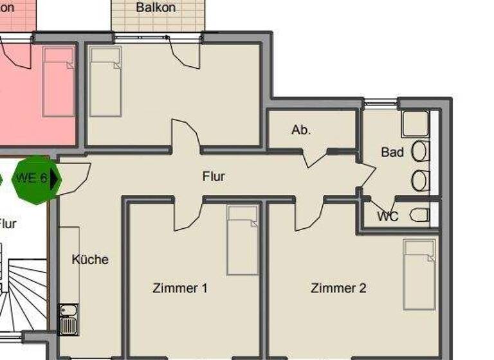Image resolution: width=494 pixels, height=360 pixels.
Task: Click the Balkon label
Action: click(156, 8)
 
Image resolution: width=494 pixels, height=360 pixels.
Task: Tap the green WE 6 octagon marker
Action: click(37, 179)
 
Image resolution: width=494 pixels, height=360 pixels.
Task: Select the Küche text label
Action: click(90, 260)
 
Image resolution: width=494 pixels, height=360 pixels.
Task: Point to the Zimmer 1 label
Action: click(180, 288)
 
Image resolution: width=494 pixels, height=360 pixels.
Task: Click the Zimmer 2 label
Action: click(338, 288)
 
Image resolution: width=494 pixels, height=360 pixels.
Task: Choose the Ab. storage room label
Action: click(301, 130)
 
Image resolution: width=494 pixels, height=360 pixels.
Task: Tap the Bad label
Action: click(392, 152)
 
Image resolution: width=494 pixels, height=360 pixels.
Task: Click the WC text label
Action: click(388, 217)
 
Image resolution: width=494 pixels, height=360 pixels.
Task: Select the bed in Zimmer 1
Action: click(242, 240)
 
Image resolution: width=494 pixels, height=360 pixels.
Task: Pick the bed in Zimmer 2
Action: click(419, 274)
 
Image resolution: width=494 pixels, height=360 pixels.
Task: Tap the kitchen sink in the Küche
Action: click(68, 319)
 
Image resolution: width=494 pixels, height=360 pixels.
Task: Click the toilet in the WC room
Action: click(419, 215)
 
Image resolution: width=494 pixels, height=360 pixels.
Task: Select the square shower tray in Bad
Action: click(416, 124)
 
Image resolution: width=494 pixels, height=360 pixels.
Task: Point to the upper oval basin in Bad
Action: click(419, 152)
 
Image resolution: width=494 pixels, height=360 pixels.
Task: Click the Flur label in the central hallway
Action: click(214, 176)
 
